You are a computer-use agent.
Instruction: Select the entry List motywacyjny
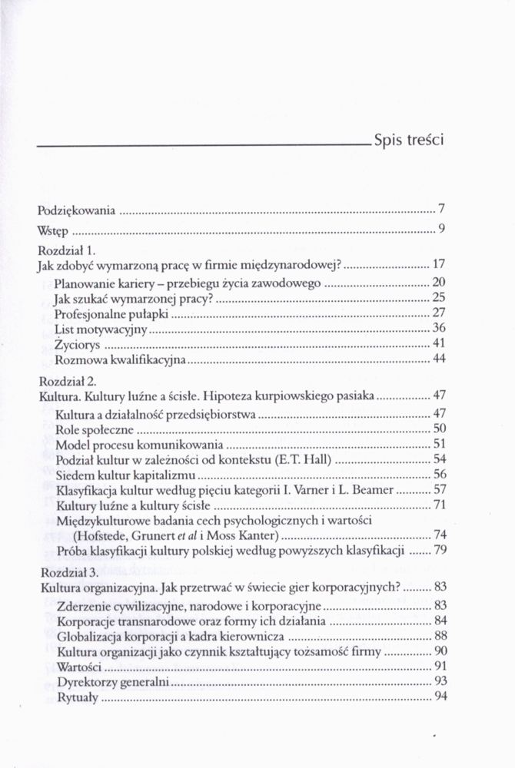pos(101,328)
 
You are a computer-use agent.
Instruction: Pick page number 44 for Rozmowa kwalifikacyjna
pos(440,359)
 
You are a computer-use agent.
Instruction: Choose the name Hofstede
pos(102,535)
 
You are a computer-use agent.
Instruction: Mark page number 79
pos(440,551)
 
